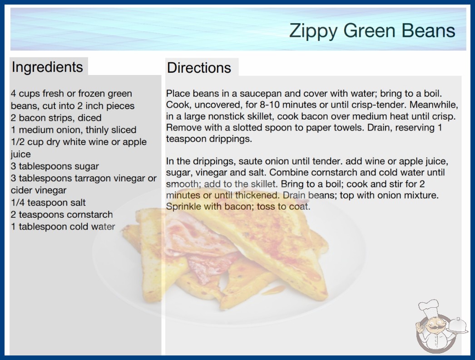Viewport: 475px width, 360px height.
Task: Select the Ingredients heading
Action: tap(47, 67)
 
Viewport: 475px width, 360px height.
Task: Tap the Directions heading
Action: tap(199, 68)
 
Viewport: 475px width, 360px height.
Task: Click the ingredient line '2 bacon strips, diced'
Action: tap(56, 118)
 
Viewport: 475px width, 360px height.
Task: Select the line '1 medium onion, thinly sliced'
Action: tap(74, 130)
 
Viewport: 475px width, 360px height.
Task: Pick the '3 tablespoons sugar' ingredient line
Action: tap(55, 166)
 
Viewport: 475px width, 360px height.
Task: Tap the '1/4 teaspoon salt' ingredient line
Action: tap(48, 202)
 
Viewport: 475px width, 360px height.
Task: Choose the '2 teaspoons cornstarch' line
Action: tap(62, 215)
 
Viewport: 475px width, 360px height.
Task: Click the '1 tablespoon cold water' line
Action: tap(63, 226)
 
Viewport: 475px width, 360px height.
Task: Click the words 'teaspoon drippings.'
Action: tap(209, 139)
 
